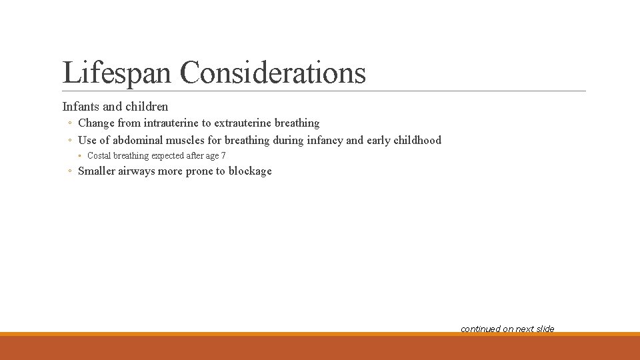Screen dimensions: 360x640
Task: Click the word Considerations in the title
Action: tap(273, 72)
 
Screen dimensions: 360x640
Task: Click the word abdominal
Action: tap(139, 140)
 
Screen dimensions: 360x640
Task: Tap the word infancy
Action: tap(325, 140)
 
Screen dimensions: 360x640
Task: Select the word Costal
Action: tap(99, 156)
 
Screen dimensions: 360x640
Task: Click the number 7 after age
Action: tap(223, 156)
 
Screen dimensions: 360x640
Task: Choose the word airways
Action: tap(135, 171)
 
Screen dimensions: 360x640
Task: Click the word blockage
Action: tap(250, 171)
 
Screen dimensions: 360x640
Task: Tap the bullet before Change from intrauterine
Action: tap(70, 123)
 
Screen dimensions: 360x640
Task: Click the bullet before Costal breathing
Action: tap(79, 156)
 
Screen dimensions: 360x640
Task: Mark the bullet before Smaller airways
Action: tap(70, 171)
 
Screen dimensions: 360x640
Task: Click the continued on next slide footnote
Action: tap(507, 329)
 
